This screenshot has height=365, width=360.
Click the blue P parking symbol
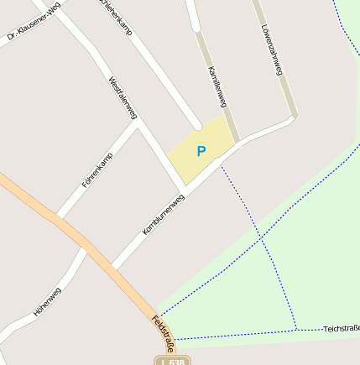pos(201,151)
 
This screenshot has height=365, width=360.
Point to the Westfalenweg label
pos(123,97)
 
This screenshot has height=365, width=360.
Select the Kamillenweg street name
pos(217,86)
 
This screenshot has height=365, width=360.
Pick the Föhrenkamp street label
pos(96,175)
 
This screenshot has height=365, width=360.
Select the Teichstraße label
pos(341,329)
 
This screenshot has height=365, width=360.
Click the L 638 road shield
pos(172,361)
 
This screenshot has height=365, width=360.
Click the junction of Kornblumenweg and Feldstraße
pos(112,268)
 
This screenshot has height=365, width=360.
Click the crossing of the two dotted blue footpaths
pos(262,239)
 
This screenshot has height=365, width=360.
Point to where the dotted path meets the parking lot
pos(222,166)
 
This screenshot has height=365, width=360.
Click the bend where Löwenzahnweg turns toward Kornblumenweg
pos(291,119)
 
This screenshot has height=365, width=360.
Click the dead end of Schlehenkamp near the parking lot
pos(197,126)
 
